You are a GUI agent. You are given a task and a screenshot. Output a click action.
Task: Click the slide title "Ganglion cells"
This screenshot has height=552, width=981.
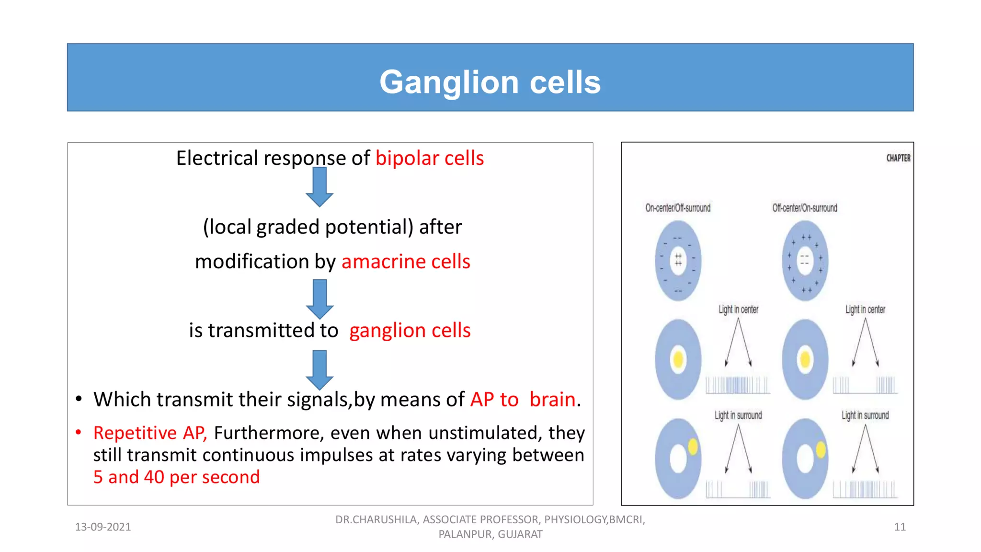point(490,82)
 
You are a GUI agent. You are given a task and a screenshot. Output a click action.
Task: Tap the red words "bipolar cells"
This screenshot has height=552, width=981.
point(430,158)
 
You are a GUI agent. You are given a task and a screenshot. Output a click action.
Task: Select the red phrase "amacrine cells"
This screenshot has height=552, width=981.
point(406,262)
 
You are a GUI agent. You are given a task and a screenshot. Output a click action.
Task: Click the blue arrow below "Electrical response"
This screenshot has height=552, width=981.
point(319,187)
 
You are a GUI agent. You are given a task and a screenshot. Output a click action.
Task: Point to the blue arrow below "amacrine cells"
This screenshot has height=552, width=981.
point(319,299)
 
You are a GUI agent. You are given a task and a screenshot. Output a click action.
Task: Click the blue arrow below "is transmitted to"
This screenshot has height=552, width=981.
point(319,370)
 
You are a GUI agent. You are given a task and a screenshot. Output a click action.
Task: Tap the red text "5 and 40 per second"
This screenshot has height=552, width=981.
point(176,477)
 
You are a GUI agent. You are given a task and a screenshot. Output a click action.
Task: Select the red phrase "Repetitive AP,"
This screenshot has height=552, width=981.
point(150,433)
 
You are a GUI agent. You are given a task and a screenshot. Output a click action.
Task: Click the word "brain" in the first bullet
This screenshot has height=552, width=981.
point(552,399)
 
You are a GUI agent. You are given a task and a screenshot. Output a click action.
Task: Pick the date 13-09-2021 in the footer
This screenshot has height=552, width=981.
point(103,527)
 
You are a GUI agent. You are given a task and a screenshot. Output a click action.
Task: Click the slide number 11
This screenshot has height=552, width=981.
point(900,527)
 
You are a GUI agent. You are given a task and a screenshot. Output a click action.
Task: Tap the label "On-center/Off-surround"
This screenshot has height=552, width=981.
point(678,208)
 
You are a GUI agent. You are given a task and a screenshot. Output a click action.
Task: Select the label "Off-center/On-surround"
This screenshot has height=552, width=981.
point(805,208)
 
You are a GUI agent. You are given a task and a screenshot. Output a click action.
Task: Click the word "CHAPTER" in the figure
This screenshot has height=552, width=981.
point(898,158)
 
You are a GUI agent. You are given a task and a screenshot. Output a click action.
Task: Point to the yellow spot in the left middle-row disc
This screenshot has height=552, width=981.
point(678,359)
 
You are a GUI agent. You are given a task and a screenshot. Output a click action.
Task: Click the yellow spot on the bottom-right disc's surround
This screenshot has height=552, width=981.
point(821,449)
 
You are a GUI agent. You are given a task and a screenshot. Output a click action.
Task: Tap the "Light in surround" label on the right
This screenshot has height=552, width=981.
point(865,415)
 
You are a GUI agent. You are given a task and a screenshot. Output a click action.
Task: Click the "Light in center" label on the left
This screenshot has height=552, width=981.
point(738,310)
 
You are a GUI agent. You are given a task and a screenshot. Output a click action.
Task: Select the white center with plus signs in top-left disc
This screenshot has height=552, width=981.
point(678,260)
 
